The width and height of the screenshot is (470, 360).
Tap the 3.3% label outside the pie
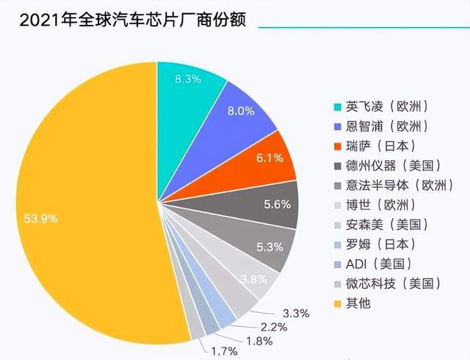pyautogui.click(x=294, y=313)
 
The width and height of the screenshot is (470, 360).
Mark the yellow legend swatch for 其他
pyautogui.click(x=337, y=303)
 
